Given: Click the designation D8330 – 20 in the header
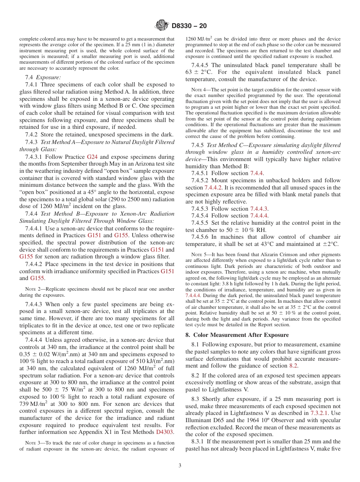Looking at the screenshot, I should pos(189,26).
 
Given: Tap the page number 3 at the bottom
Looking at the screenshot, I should pos(180,466).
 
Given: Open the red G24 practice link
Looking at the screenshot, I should pos(92,156).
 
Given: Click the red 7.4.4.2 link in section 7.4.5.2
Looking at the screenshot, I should pos(214,187).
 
